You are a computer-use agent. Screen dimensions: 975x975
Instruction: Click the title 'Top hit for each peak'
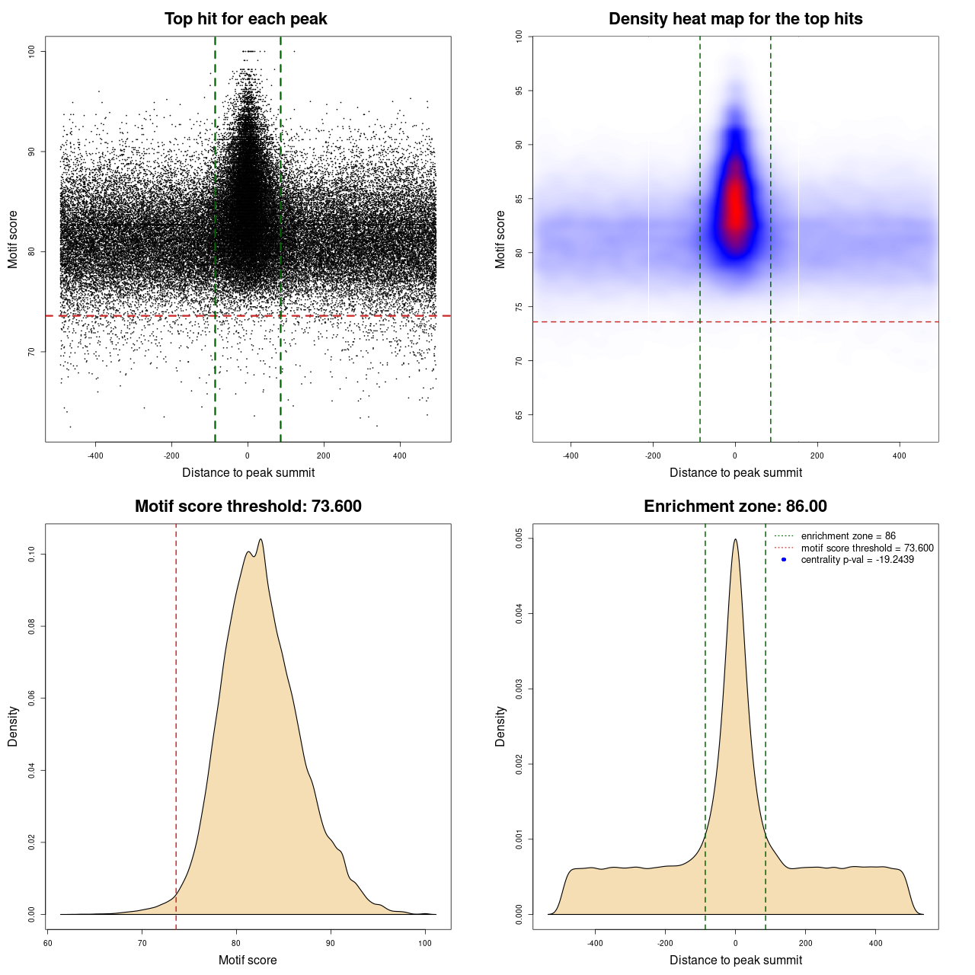(x=245, y=19)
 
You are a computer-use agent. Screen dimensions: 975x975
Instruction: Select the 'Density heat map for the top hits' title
(x=735, y=19)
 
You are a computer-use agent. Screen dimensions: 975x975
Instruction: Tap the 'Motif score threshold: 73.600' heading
(x=248, y=507)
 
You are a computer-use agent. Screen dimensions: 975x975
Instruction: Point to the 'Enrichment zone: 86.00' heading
(x=735, y=507)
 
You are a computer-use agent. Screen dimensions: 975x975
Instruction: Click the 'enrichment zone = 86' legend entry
(x=848, y=536)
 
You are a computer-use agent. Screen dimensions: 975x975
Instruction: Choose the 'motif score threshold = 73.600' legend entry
(x=867, y=548)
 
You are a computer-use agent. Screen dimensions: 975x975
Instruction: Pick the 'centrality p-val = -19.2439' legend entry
(x=857, y=560)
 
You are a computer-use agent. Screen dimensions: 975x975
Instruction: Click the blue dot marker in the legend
(x=784, y=560)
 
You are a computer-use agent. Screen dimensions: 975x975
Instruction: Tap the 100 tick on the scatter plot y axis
(x=32, y=51)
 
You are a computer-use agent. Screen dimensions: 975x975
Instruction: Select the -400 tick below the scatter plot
(x=95, y=456)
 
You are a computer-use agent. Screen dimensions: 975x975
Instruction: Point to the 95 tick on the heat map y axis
(x=519, y=91)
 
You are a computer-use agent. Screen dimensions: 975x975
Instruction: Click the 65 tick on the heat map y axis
(x=519, y=415)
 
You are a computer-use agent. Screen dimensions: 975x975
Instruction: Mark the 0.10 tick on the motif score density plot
(x=32, y=555)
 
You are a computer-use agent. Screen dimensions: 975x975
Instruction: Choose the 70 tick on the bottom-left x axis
(x=142, y=944)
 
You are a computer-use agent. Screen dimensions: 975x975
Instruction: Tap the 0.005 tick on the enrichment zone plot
(x=519, y=539)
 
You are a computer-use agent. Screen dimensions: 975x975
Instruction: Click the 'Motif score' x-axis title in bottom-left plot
(x=248, y=960)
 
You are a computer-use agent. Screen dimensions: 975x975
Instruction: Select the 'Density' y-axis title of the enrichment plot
(x=500, y=726)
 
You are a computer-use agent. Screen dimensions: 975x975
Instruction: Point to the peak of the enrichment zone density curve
(x=735, y=539)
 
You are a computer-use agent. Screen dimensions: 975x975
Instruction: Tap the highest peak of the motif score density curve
(x=261, y=539)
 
